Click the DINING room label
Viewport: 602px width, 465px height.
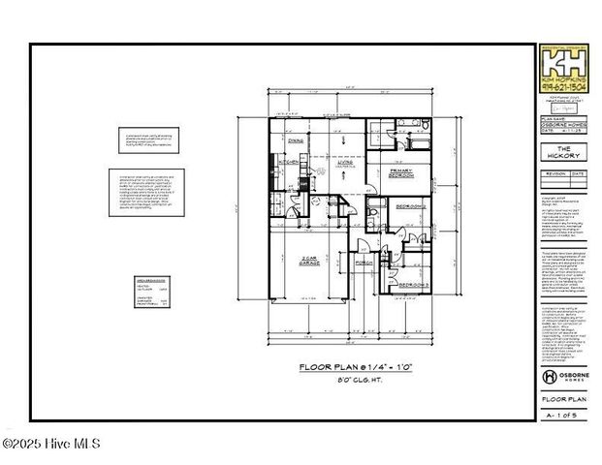[x=295, y=140]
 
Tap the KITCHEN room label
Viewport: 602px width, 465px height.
[x=288, y=163]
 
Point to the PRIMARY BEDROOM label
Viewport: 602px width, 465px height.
[x=401, y=172]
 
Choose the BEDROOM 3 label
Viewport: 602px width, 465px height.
[x=409, y=283]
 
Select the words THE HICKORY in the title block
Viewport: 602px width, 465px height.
[x=564, y=152]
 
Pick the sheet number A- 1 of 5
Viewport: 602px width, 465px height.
[x=564, y=415]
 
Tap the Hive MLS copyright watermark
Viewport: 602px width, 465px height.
[x=50, y=446]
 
